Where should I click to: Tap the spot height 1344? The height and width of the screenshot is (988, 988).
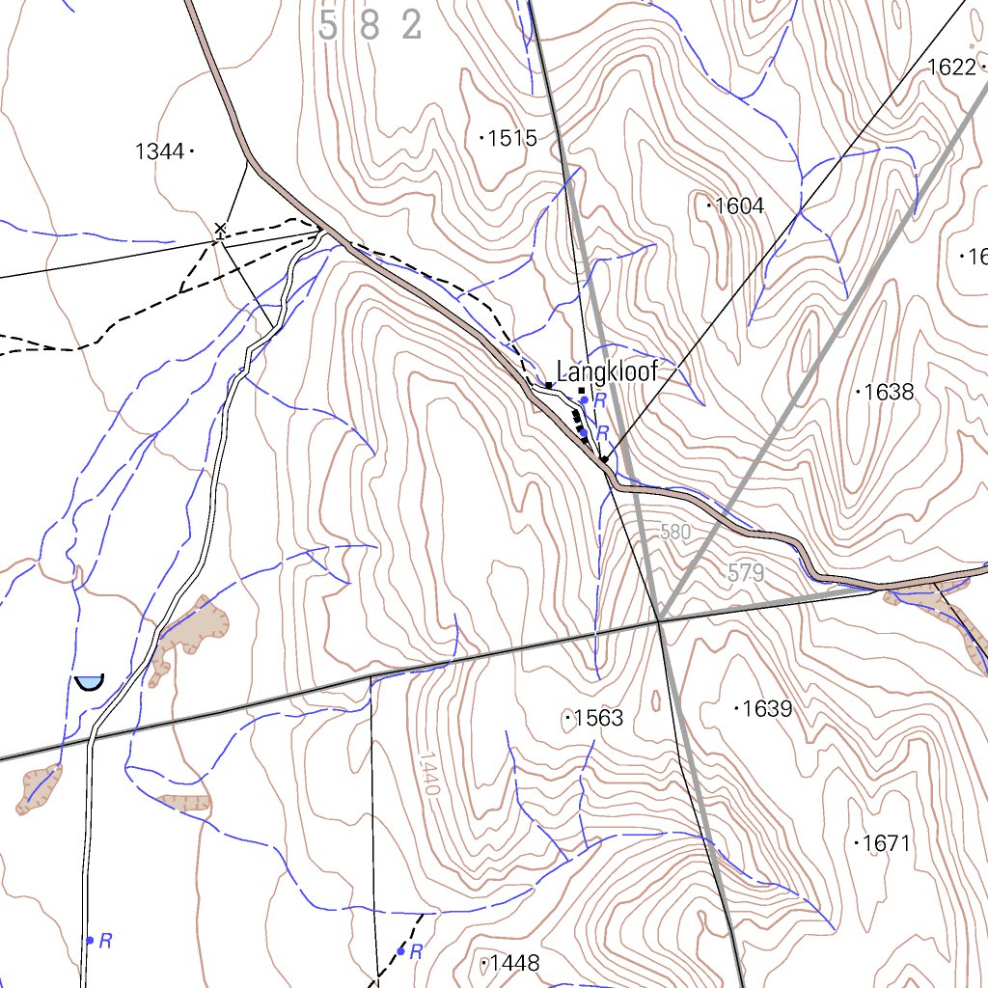click(x=160, y=151)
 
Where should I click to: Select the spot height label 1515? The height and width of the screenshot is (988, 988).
click(x=511, y=138)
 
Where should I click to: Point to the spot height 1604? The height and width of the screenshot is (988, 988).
click(x=739, y=206)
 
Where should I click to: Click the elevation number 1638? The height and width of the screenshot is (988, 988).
click(x=888, y=392)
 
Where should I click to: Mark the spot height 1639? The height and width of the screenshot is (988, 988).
click(x=767, y=709)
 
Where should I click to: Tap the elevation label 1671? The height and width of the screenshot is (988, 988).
click(x=886, y=843)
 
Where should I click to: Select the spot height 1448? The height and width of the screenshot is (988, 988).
click(x=514, y=963)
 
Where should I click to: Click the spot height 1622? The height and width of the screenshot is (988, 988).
click(x=951, y=67)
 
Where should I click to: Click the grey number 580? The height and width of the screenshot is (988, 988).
click(x=676, y=532)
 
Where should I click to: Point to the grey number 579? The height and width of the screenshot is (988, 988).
click(x=746, y=573)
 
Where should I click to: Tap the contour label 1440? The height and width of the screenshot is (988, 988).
click(x=429, y=775)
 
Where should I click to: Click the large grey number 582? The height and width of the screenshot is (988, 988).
click(x=370, y=26)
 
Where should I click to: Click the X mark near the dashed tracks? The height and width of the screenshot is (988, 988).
click(x=220, y=229)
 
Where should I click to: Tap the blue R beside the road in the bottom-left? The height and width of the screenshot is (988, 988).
click(x=106, y=940)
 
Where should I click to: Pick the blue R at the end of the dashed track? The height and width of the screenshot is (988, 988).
click(x=416, y=952)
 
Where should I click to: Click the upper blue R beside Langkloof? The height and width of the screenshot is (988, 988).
click(x=599, y=399)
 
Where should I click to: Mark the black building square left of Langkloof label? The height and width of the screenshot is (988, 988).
click(x=548, y=385)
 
